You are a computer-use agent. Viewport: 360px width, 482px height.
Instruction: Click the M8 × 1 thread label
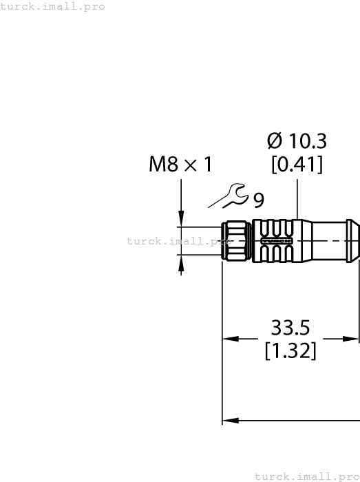coord(180,165)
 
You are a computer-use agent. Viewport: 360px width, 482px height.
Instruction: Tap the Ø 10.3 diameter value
coord(296,141)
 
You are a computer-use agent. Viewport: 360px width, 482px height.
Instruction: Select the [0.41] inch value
coord(296,165)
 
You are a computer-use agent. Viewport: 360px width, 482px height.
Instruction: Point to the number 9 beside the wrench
coord(258,200)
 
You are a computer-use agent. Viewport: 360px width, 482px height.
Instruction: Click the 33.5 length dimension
coord(290,326)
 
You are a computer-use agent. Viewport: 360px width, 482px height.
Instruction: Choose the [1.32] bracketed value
coord(290,350)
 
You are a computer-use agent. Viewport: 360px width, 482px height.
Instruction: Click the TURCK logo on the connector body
coord(284,242)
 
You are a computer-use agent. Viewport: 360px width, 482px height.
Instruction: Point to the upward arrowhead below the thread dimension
coord(181,261)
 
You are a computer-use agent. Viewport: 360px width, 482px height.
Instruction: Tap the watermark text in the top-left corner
coord(53,6)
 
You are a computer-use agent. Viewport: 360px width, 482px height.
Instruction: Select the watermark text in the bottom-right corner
coord(307,476)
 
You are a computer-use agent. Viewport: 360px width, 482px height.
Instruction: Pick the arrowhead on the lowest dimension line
coord(229,419)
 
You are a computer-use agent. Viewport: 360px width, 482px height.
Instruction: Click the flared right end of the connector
coord(352,241)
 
